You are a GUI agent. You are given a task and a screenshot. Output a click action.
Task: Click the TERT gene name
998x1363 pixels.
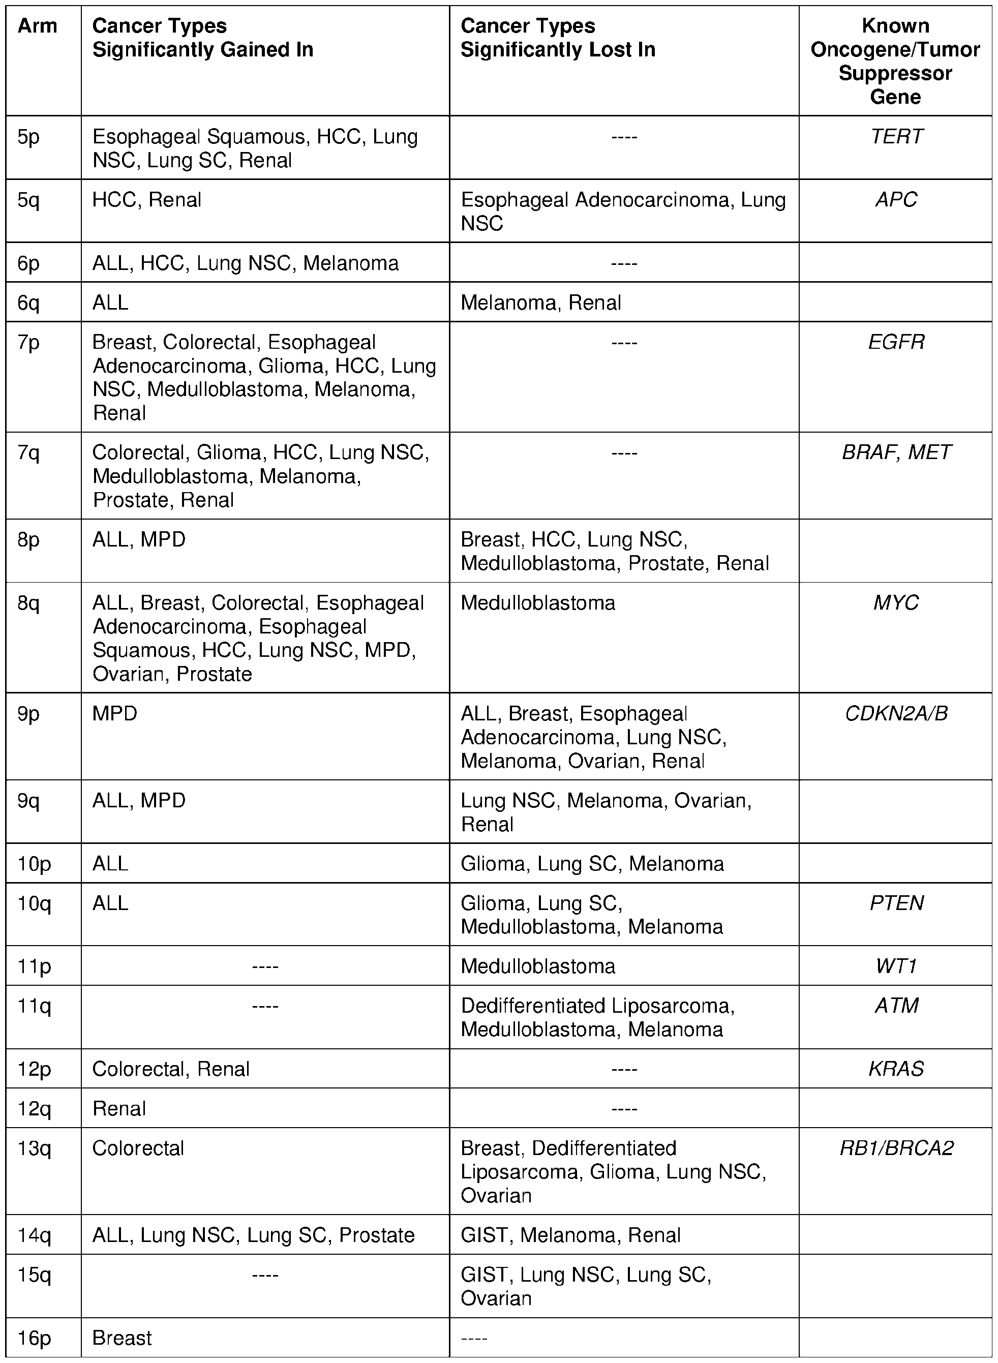click(896, 137)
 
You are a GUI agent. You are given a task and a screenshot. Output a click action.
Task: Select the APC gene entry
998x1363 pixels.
click(896, 200)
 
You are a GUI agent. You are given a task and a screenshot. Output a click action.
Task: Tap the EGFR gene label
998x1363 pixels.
click(896, 343)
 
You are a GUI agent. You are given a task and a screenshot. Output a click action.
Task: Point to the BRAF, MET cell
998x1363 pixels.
click(896, 452)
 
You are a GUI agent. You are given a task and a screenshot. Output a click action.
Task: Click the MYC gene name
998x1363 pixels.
click(896, 603)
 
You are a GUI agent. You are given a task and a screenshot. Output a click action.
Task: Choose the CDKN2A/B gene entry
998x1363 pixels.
click(896, 713)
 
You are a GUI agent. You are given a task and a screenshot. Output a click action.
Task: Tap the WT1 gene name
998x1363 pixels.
click(896, 966)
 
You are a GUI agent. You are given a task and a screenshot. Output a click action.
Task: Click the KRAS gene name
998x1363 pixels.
click(896, 1069)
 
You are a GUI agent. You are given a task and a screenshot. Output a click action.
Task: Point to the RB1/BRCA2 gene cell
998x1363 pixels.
click(896, 1148)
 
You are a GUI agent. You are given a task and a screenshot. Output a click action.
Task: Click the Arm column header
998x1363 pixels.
click(38, 26)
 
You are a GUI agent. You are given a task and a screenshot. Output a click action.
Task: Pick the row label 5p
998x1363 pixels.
click(28, 137)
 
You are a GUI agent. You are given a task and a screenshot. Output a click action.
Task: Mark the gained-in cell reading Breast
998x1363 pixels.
click(122, 1338)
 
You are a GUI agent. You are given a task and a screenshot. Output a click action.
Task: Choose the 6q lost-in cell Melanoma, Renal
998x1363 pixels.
click(540, 302)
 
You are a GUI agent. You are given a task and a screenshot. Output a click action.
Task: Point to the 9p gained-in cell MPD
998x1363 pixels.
click(115, 713)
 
